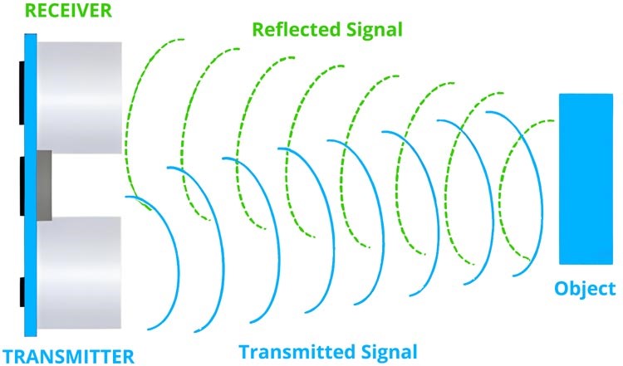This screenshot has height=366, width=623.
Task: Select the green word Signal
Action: tap(375, 30)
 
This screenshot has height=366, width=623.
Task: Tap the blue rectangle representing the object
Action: tap(586, 179)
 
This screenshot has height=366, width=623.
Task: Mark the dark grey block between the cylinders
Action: tap(44, 184)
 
